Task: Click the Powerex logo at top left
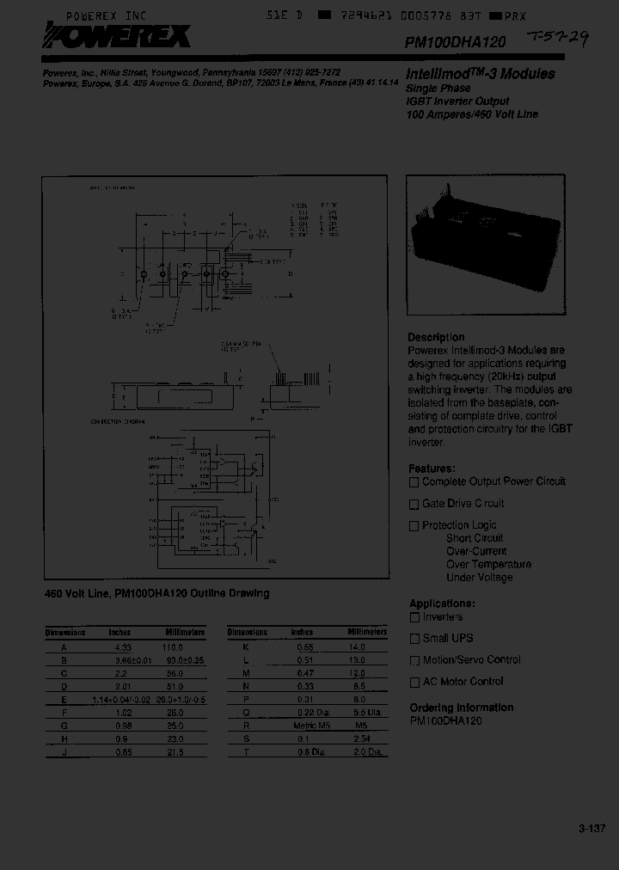[x=118, y=38]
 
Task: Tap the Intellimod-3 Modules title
[x=481, y=74]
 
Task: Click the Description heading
[x=436, y=337]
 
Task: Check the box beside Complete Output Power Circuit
[x=414, y=482]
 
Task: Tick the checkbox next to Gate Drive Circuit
[x=414, y=505]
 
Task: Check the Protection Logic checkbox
[x=414, y=526]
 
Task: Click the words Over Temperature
[x=488, y=564]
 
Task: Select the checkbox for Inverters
[x=414, y=617]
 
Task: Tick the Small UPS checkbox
[x=414, y=639]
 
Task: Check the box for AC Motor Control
[x=414, y=683]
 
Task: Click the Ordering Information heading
[x=461, y=708]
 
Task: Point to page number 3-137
[x=591, y=829]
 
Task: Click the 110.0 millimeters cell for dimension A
[x=175, y=646]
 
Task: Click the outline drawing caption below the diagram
[x=156, y=593]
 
